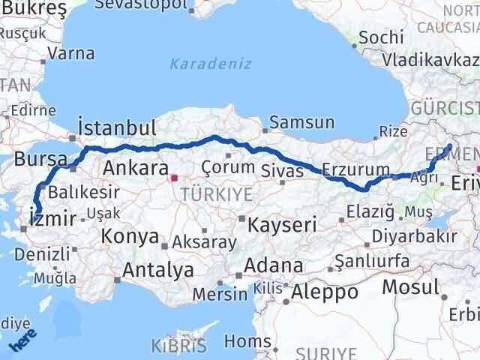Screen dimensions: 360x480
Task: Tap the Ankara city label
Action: coord(134,166)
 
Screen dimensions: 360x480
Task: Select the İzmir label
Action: coord(50,219)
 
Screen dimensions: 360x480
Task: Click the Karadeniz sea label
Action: coord(210,64)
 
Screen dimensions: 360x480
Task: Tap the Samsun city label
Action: coord(301,121)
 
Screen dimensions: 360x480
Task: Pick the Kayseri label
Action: coord(282,223)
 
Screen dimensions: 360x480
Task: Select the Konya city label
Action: coord(129,237)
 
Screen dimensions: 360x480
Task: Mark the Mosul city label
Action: coord(410,286)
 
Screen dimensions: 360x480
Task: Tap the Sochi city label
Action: coord(381,37)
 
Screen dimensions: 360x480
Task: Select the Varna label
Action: coord(70,53)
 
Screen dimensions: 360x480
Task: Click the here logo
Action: coord(22,342)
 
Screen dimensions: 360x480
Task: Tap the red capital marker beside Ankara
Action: coord(174,178)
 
